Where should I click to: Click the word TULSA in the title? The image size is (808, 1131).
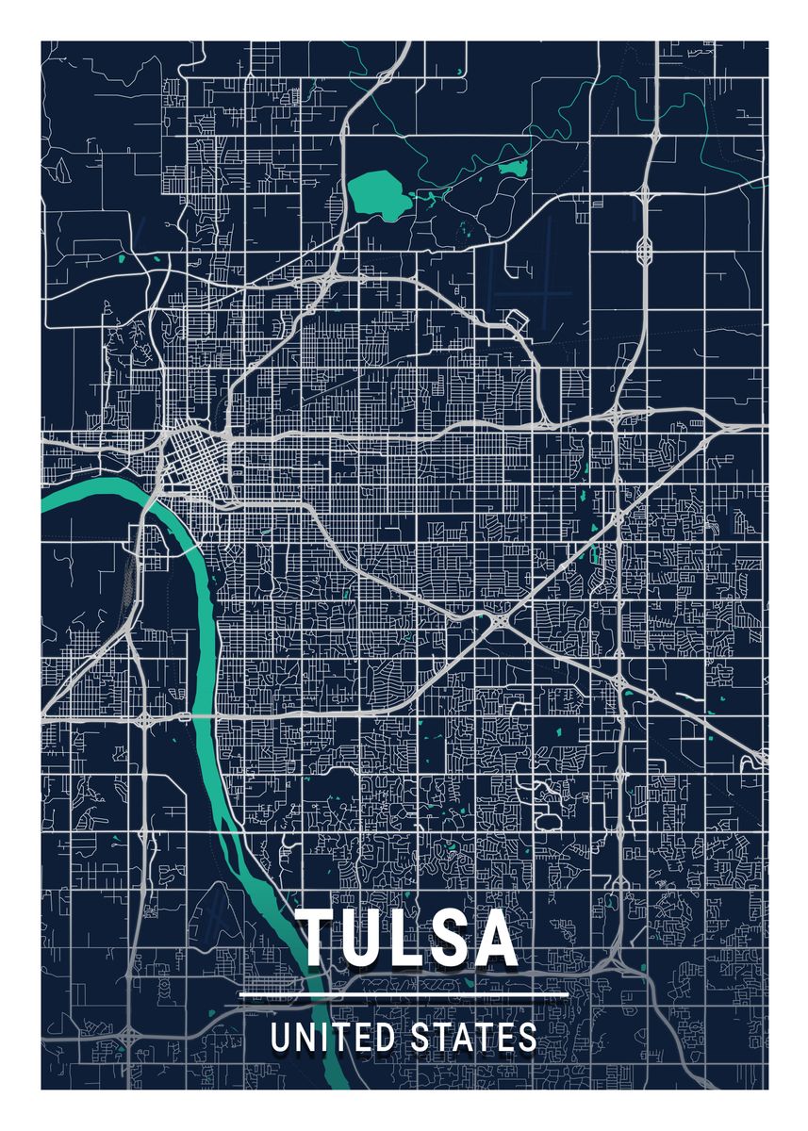(x=408, y=938)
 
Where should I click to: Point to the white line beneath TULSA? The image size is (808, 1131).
(x=404, y=993)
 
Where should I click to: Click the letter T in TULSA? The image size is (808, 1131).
(x=320, y=938)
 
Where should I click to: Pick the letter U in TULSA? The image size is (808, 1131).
(x=365, y=939)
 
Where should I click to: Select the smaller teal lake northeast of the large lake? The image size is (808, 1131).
(x=514, y=169)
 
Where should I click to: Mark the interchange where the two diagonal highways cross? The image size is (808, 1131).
(x=497, y=621)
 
